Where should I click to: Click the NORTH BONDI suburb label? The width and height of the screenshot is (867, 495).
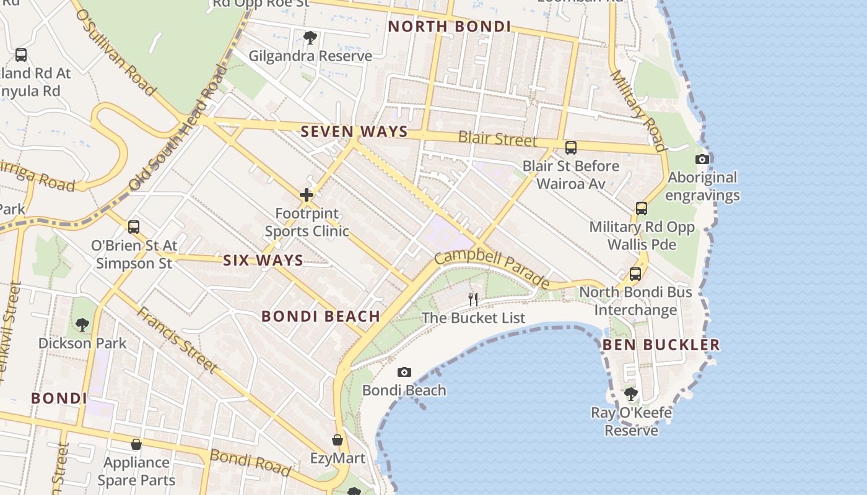tap(449, 27)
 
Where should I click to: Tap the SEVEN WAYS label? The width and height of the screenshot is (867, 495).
tap(354, 132)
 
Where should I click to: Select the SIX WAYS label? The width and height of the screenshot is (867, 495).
tap(263, 260)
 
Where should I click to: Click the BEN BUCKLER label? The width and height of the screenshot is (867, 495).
tap(661, 345)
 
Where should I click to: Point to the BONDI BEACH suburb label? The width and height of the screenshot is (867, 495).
tap(321, 317)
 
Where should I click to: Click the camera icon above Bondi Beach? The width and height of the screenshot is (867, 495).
tap(404, 372)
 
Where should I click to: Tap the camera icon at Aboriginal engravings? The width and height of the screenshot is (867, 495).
tap(702, 159)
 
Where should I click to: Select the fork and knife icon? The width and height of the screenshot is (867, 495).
tap(473, 299)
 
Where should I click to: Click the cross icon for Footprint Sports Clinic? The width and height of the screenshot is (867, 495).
tap(307, 196)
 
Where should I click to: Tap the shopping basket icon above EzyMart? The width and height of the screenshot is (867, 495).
tap(338, 440)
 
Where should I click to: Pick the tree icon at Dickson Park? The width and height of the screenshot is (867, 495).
tap(82, 324)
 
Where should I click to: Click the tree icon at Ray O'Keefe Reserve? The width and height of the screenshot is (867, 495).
tap(631, 394)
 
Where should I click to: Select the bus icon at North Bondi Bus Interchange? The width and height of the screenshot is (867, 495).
tap(635, 273)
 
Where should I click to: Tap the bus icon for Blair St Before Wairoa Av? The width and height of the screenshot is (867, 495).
tap(571, 148)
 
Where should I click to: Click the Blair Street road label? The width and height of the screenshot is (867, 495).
tap(498, 139)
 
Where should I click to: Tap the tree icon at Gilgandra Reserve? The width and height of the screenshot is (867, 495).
tap(310, 38)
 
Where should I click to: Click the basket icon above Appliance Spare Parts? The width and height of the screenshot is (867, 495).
tap(136, 444)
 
